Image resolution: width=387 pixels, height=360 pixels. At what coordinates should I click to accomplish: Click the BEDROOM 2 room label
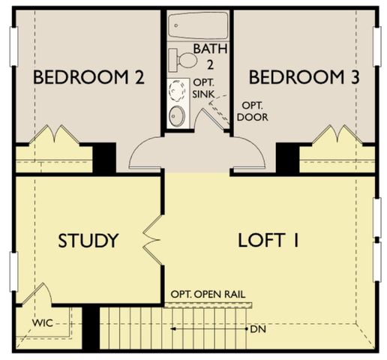[x=88, y=77]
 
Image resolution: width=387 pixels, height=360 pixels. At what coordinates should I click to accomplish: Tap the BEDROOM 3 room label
[x=304, y=77]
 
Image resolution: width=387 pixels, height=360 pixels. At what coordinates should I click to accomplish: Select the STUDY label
[x=88, y=241]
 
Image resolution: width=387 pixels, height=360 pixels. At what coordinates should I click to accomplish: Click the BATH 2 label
[x=207, y=56]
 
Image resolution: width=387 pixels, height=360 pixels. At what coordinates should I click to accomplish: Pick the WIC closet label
[x=42, y=324]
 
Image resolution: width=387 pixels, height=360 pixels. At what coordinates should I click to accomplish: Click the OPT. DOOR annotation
[x=252, y=112]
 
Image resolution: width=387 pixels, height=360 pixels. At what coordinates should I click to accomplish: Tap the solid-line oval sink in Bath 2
[x=177, y=115]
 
